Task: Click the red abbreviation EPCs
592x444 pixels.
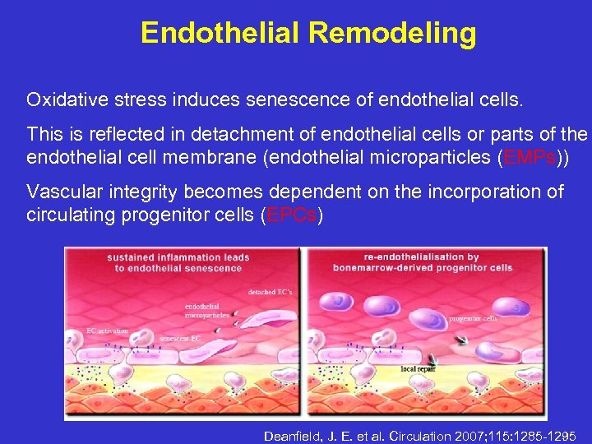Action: [x=289, y=215]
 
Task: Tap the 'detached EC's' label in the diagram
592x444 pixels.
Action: [x=271, y=292]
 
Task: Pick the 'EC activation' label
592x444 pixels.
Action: [x=107, y=331]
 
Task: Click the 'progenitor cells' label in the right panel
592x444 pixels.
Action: [x=474, y=317]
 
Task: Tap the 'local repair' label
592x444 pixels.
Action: [x=419, y=369]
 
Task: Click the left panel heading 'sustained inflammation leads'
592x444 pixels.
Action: [x=178, y=257]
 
